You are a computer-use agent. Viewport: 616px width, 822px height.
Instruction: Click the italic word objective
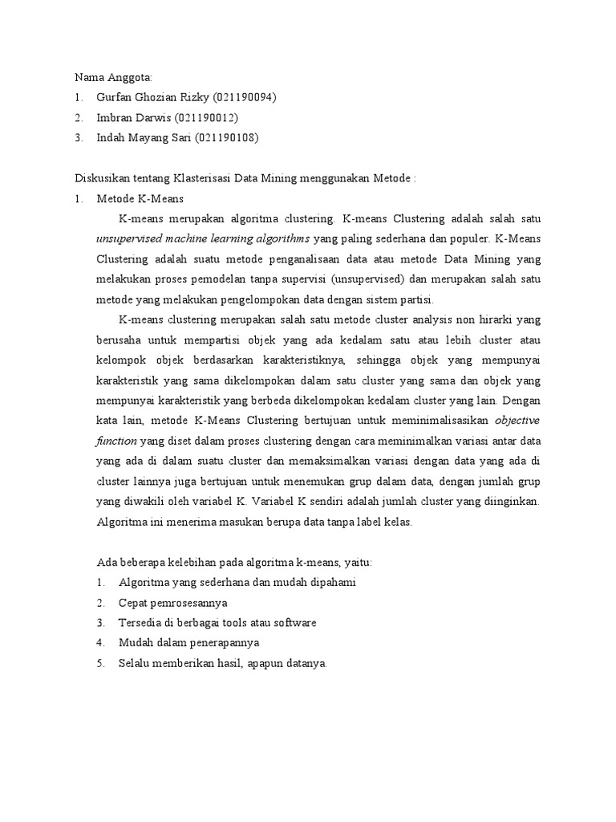pos(517,420)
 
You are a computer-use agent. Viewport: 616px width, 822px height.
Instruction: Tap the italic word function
pos(117,441)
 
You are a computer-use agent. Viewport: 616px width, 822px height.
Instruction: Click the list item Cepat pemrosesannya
pos(172,602)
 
